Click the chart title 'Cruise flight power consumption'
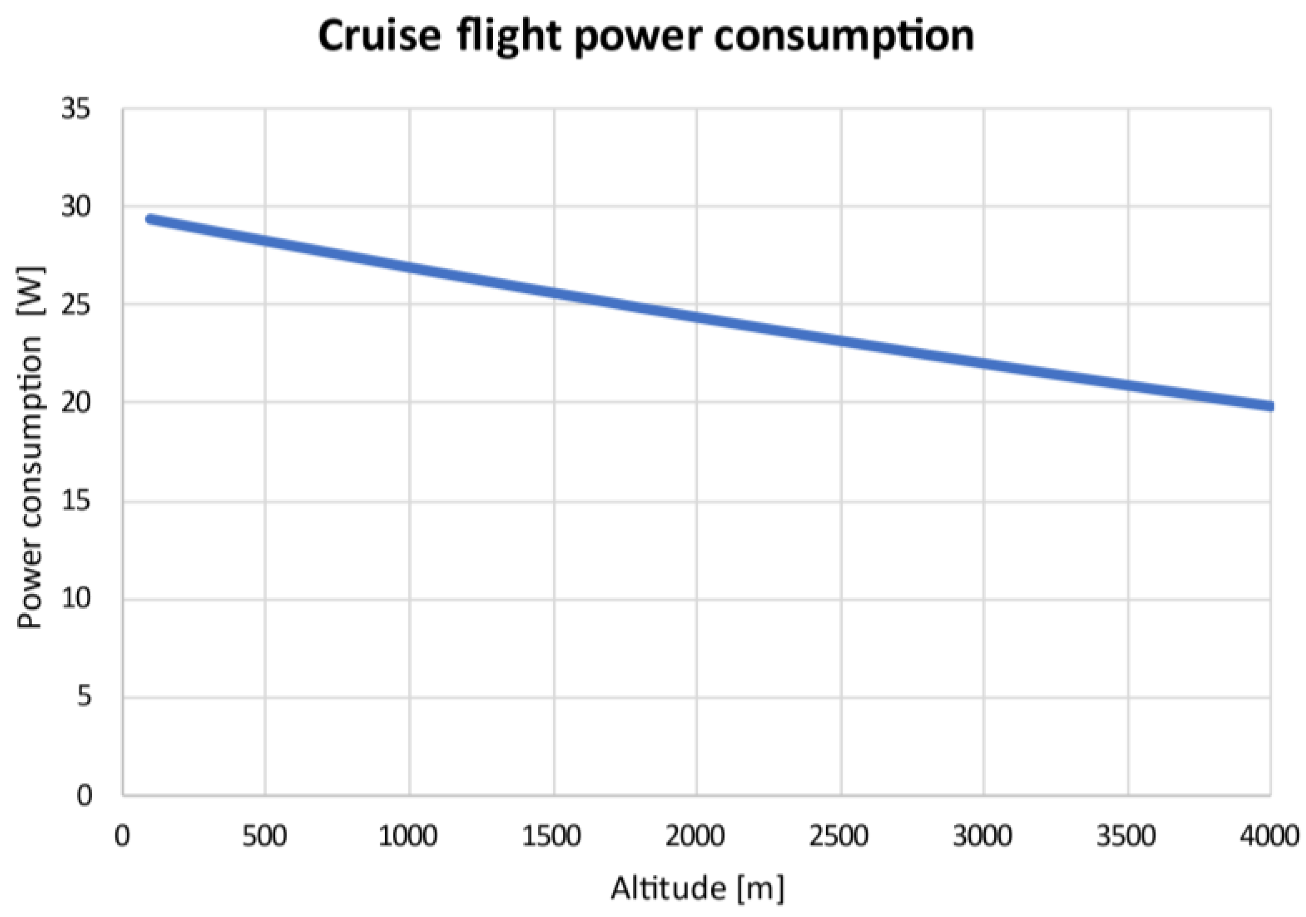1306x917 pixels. click(x=646, y=37)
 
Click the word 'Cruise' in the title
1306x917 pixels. click(x=380, y=37)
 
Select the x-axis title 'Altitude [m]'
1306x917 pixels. click(x=698, y=888)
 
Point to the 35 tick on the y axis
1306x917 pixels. click(x=76, y=108)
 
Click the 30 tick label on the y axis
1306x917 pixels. click(x=76, y=207)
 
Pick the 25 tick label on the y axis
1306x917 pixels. click(x=76, y=305)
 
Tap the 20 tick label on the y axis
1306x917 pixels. click(x=76, y=403)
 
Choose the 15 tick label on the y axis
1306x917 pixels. click(x=76, y=501)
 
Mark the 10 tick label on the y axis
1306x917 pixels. click(x=76, y=598)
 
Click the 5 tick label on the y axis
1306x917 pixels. click(x=84, y=696)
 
